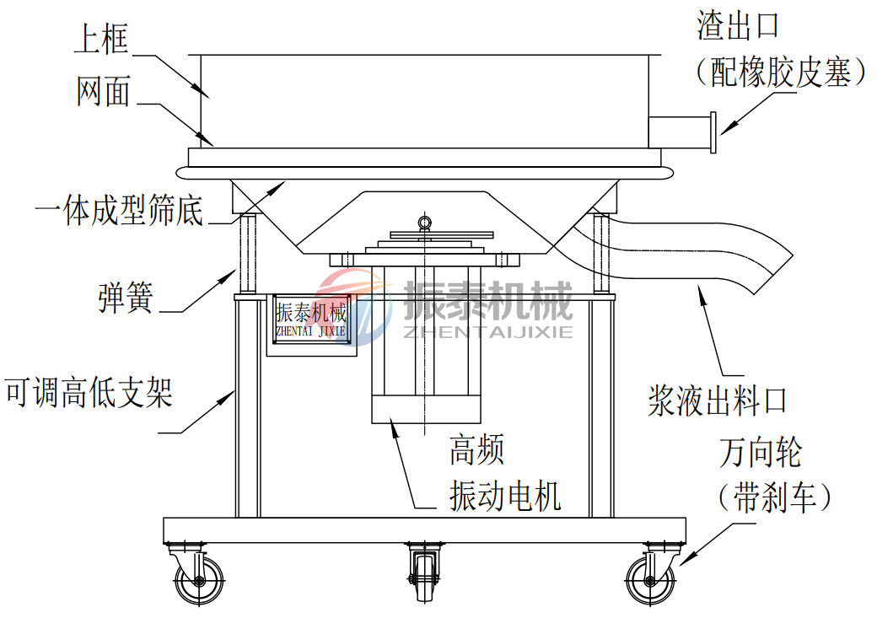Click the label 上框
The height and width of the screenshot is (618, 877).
tap(101, 39)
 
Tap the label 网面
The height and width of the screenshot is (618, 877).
tap(103, 91)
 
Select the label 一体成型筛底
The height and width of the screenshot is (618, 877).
tap(119, 211)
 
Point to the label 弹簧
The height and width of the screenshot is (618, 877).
tap(125, 298)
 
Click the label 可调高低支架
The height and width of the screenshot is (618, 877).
tap(89, 392)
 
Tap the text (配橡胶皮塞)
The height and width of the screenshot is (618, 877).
tap(781, 74)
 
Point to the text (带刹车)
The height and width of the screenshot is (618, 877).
tap(774, 497)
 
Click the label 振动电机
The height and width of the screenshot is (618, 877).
tap(505, 497)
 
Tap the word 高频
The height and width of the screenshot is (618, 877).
tap(476, 451)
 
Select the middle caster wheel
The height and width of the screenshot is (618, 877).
tap(423, 578)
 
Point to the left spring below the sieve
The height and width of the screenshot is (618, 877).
tap(248, 251)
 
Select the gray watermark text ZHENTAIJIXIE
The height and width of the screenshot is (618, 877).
tap(488, 330)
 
